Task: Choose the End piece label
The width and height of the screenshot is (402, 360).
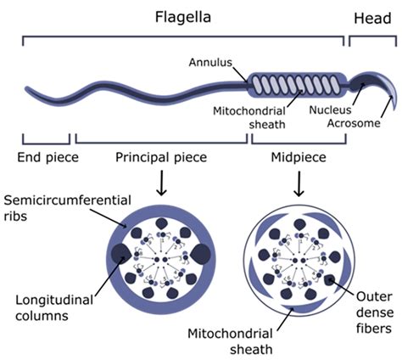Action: pyautogui.click(x=47, y=157)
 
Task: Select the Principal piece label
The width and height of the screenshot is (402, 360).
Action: pyautogui.click(x=161, y=157)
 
